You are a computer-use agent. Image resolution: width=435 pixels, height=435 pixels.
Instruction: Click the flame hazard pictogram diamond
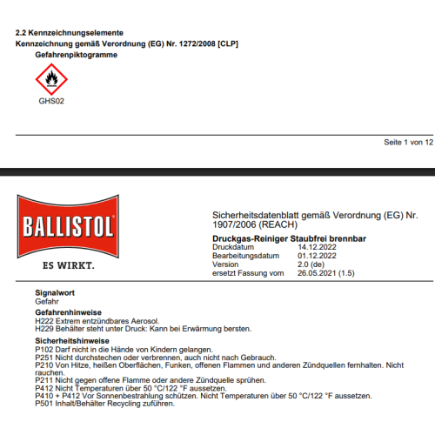[x=50, y=81]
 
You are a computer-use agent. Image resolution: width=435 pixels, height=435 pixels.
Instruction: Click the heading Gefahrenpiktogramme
[x=76, y=54]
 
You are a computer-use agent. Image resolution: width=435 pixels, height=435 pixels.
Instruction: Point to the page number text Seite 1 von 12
[x=408, y=142]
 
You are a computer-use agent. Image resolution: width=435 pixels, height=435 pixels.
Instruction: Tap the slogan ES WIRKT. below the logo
[x=67, y=263]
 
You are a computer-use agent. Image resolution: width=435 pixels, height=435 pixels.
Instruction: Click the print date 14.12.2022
[x=318, y=247]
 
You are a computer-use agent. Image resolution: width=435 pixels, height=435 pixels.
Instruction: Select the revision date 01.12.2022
[x=318, y=256]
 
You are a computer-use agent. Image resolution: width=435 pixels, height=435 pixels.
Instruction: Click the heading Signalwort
[x=55, y=293]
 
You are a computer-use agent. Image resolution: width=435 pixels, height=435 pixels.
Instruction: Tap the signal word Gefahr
[x=47, y=301]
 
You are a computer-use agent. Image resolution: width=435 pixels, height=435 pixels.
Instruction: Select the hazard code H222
[x=43, y=321]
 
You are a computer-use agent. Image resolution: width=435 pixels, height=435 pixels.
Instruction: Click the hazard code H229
[x=43, y=329]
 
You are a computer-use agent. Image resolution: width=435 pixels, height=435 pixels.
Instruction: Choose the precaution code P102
[x=43, y=349]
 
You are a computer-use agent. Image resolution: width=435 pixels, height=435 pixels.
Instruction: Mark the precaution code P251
[x=43, y=357]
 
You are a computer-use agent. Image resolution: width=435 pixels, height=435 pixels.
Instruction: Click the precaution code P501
[x=43, y=404]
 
